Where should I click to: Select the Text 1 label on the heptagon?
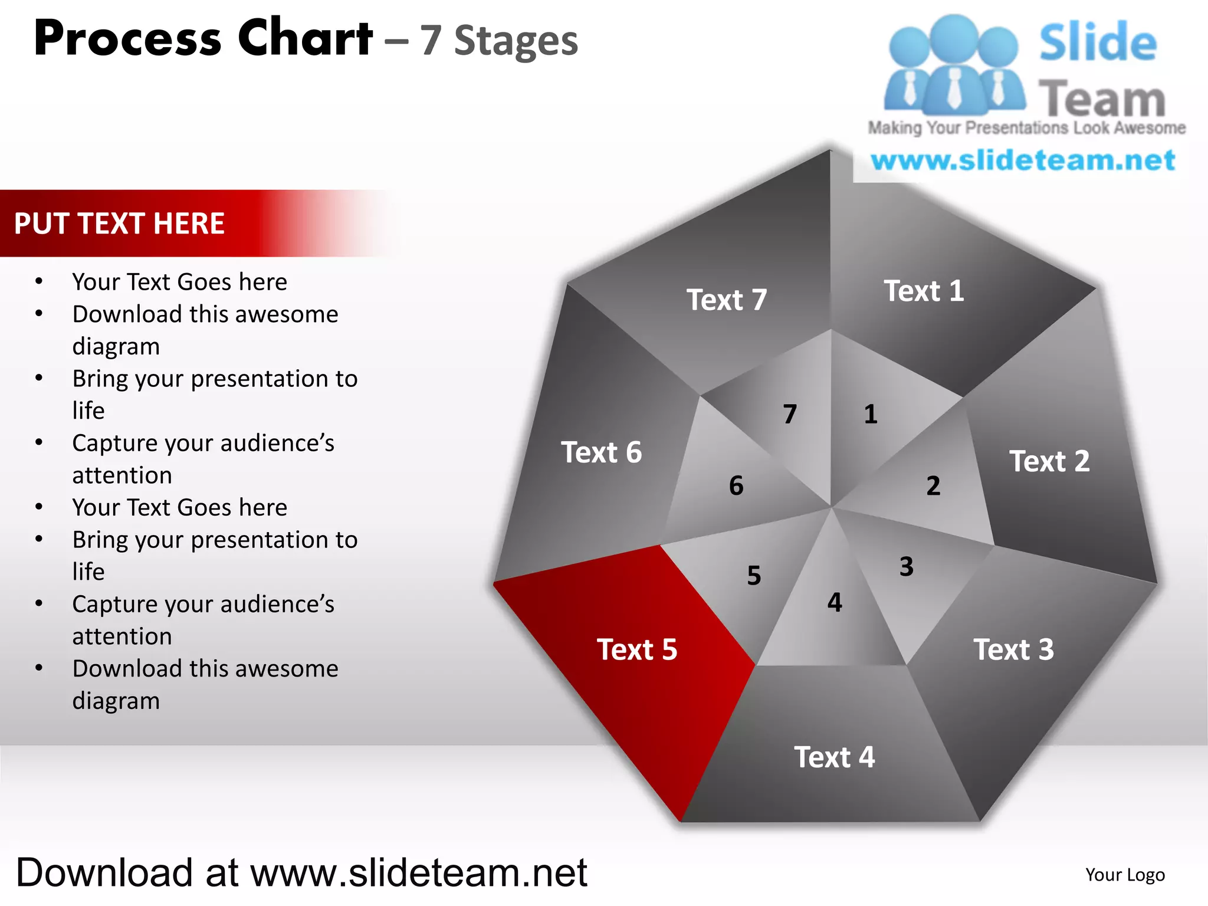pos(924,291)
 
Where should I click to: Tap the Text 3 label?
pos(1013,649)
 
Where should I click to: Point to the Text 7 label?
pos(727,300)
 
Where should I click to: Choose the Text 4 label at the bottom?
pos(834,757)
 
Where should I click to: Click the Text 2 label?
pos(1049,461)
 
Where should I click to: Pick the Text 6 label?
pos(601,452)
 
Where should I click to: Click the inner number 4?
pos(835,602)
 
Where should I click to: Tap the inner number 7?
pos(790,414)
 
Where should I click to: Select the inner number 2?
pos(933,486)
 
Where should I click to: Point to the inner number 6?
pos(736,486)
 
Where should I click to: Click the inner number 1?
pos(871,414)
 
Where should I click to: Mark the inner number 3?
pos(907,567)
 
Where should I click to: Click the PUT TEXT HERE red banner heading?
pos(119,224)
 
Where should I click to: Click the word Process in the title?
pos(127,39)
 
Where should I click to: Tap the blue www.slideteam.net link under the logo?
pos(1023,160)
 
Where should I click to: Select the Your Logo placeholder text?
pos(1125,875)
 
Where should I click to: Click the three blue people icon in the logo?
pos(954,65)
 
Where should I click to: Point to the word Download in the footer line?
pos(104,872)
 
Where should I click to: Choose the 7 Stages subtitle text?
pos(499,41)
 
